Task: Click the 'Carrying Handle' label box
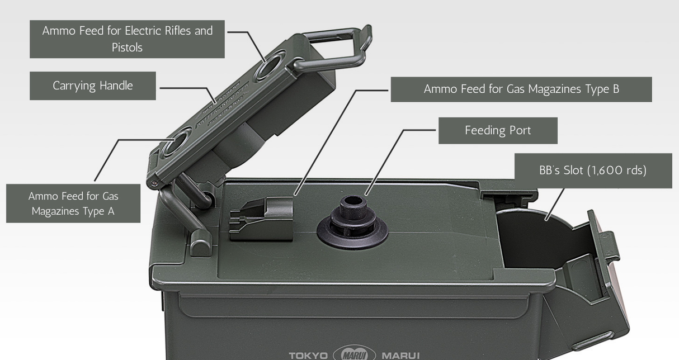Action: click(x=93, y=86)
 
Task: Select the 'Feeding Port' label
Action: click(x=498, y=130)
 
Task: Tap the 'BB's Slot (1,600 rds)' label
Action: click(x=592, y=170)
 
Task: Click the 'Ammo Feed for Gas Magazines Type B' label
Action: click(x=521, y=89)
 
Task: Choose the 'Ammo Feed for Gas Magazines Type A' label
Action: click(x=73, y=203)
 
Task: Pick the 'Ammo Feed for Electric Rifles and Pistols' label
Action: click(x=127, y=39)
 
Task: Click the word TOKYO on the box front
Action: click(x=308, y=355)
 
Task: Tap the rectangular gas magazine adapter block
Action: click(x=261, y=218)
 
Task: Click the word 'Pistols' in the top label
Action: click(x=127, y=48)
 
